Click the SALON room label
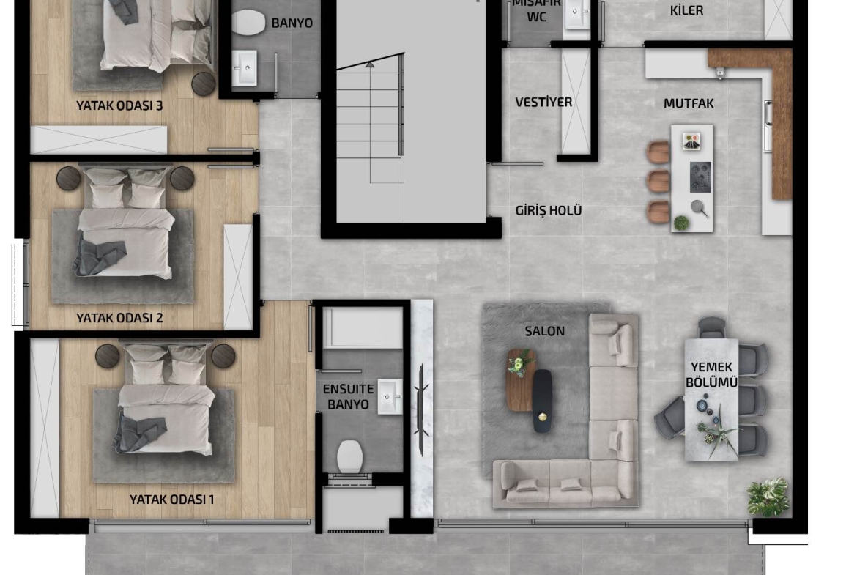544,331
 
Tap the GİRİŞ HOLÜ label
548,210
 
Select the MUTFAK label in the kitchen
689,103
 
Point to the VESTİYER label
543,103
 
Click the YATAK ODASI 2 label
119,318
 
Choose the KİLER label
686,10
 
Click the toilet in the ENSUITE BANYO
350,456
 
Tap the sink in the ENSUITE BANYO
390,396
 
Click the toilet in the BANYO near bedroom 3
249,23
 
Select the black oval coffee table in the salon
542,401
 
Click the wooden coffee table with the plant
521,380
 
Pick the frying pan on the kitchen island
700,208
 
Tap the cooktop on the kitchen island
700,177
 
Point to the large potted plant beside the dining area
768,497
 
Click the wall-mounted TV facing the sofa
422,409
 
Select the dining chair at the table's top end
712,327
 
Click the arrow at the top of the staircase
370,64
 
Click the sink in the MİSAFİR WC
577,14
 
